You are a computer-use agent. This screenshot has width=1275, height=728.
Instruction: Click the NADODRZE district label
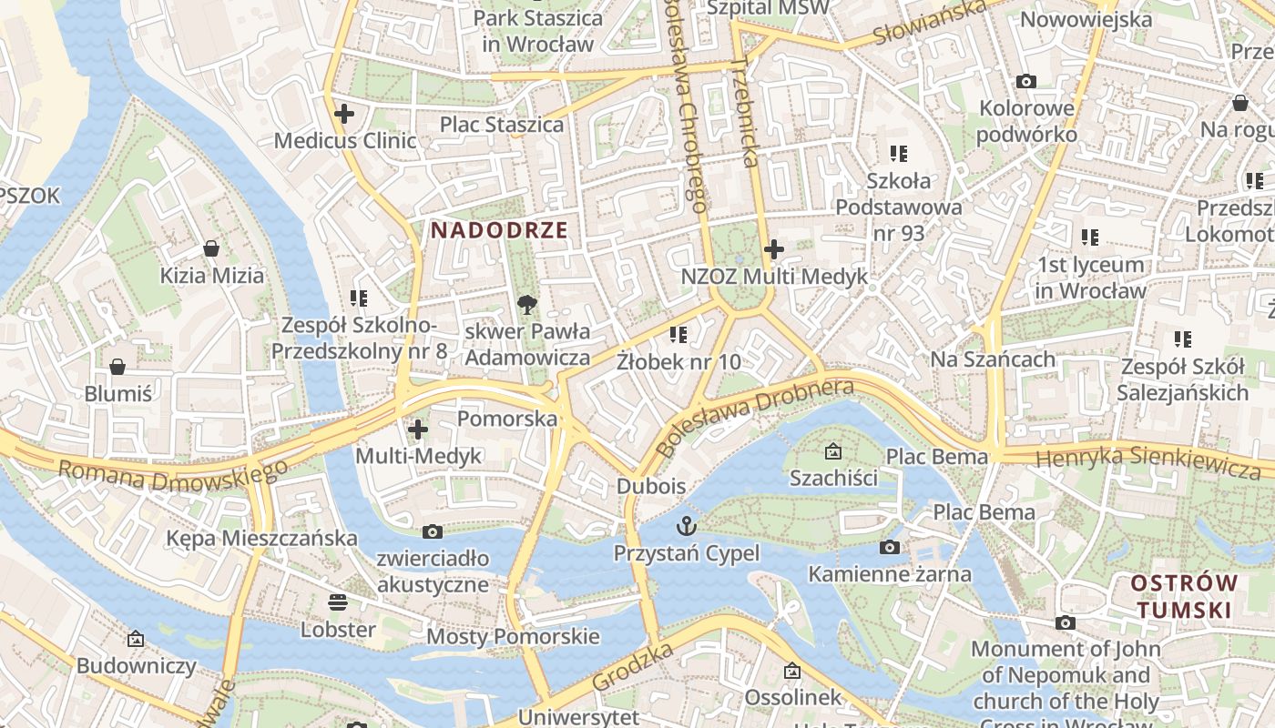click(499, 230)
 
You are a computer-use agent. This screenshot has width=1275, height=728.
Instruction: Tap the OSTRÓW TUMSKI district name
click(1184, 596)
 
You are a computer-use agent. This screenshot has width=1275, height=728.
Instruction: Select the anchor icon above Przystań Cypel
click(686, 525)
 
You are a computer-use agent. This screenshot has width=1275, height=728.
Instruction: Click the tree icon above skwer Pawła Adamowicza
click(526, 304)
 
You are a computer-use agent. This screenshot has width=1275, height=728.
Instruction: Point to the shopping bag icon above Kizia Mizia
click(211, 248)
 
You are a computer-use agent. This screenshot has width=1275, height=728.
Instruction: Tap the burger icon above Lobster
click(338, 602)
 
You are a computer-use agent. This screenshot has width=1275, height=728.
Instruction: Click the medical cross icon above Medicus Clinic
click(344, 114)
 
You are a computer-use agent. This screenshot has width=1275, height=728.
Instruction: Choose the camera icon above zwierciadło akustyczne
click(433, 531)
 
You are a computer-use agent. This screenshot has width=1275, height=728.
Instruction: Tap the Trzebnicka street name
click(744, 114)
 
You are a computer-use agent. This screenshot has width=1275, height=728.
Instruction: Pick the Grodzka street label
click(633, 666)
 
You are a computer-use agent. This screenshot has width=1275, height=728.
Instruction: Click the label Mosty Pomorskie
click(513, 636)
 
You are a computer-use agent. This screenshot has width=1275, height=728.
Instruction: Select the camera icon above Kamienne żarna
click(890, 547)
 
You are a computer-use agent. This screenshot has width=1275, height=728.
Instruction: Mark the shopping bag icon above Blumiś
click(117, 367)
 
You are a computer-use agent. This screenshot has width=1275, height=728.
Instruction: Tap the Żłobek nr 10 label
click(678, 361)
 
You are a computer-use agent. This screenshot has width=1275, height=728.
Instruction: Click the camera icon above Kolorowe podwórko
click(1026, 82)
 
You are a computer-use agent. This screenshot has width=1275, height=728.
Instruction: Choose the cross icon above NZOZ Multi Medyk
click(774, 248)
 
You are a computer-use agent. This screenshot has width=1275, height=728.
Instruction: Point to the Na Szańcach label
click(993, 359)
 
